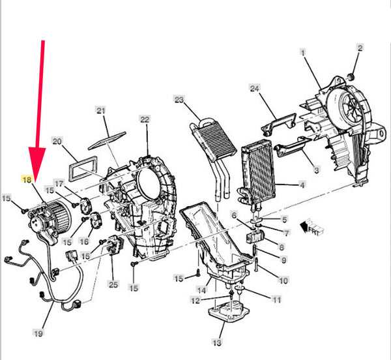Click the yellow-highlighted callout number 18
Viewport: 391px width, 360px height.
(x=27, y=179)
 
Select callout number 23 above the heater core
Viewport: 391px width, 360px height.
(x=179, y=100)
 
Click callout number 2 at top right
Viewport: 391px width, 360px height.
(x=360, y=48)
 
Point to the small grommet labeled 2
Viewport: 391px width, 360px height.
(x=351, y=76)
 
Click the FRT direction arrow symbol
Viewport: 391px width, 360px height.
(x=311, y=227)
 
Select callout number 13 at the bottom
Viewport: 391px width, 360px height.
(x=217, y=342)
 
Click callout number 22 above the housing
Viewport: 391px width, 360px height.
(x=145, y=119)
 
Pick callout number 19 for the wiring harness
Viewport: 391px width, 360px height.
(x=38, y=333)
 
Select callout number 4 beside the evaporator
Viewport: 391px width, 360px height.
(x=302, y=185)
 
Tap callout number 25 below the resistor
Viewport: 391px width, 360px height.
(x=113, y=284)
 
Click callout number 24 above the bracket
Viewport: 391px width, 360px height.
(x=255, y=89)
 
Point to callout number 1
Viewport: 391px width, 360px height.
(x=303, y=53)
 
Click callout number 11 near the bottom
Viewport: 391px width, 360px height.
(x=277, y=299)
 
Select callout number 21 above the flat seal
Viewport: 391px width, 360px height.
(x=101, y=110)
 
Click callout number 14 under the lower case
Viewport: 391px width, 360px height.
(x=201, y=290)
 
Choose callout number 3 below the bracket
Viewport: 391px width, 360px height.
(x=316, y=170)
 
